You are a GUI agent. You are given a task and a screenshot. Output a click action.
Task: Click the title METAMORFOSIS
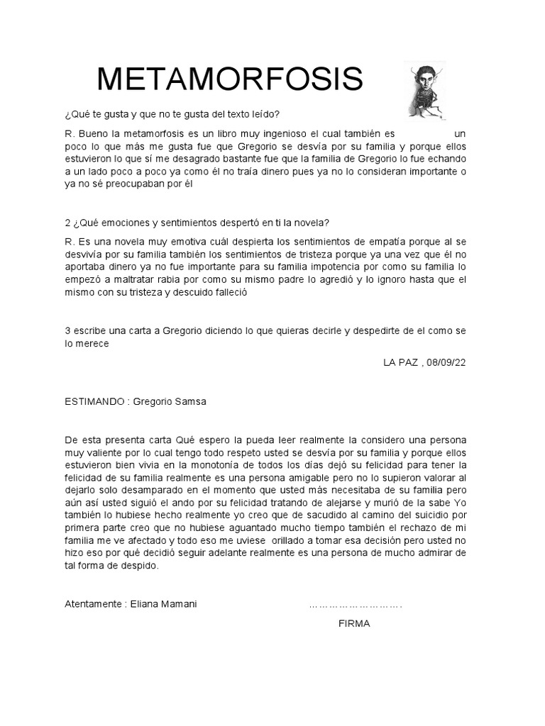point(230,80)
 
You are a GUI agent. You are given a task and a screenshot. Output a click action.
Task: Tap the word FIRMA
point(355,624)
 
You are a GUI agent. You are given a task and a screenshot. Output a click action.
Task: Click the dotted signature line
point(356,605)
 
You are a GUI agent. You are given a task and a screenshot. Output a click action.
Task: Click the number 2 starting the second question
point(67,222)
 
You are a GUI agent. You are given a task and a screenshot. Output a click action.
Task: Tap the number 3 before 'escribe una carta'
point(67,331)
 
